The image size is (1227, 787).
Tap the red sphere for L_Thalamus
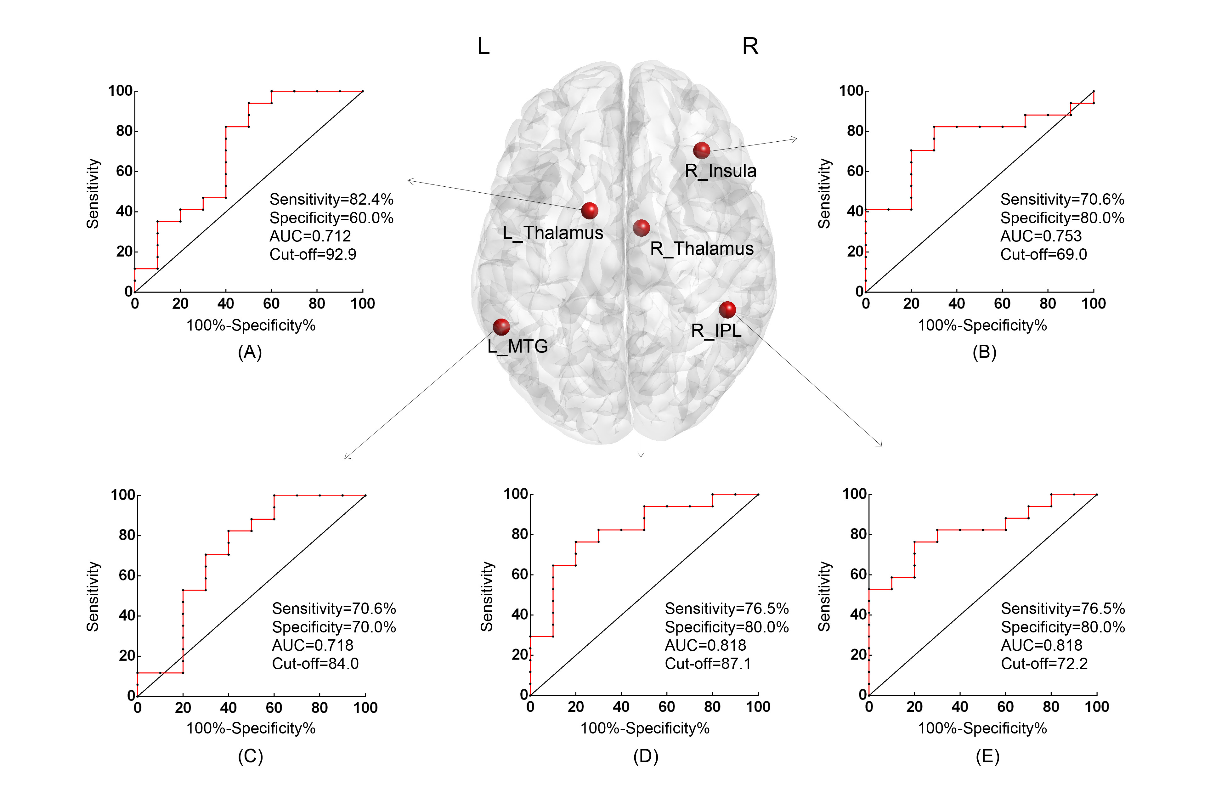point(589,211)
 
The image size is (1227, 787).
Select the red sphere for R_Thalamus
point(641,228)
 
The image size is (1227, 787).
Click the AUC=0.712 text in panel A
point(310,236)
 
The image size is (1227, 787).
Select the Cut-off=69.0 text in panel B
point(1043,254)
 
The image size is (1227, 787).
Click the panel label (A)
point(250,352)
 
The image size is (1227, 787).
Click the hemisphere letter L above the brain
point(483,47)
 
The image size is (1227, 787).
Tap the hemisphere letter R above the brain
point(750,47)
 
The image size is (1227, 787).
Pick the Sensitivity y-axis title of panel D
point(487,596)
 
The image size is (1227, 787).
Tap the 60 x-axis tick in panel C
point(274,708)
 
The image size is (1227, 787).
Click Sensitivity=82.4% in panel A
point(331,199)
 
